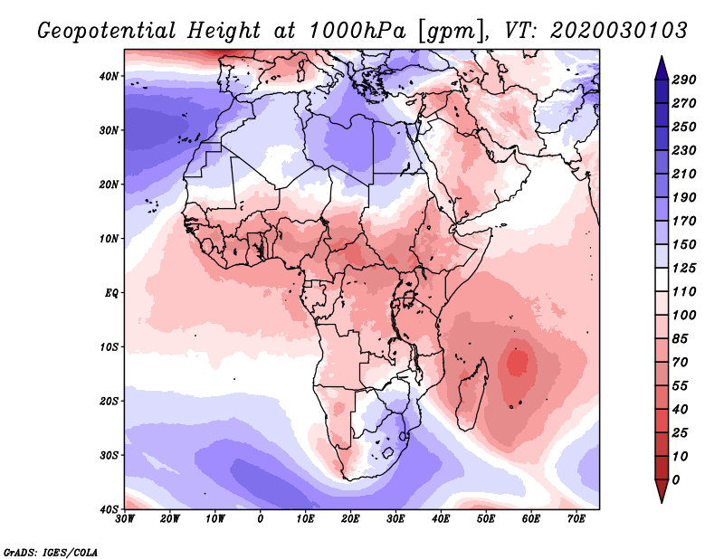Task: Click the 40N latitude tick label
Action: coord(109,75)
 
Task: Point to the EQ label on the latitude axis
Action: coord(111,292)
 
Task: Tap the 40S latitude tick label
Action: coord(109,508)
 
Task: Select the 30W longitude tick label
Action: coord(125,519)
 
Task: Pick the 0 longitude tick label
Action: coord(261,519)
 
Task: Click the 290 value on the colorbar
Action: coord(683,81)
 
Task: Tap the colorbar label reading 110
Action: coord(683,292)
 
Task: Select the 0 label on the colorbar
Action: coord(675,479)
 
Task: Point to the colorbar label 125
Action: coord(683,268)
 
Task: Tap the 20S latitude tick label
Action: coord(109,401)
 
